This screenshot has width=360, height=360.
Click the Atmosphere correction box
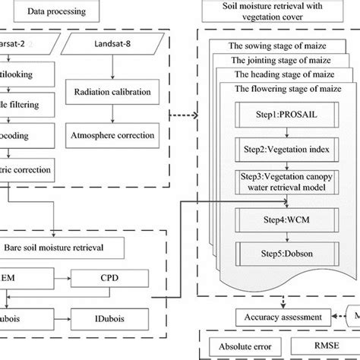click(x=112, y=136)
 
